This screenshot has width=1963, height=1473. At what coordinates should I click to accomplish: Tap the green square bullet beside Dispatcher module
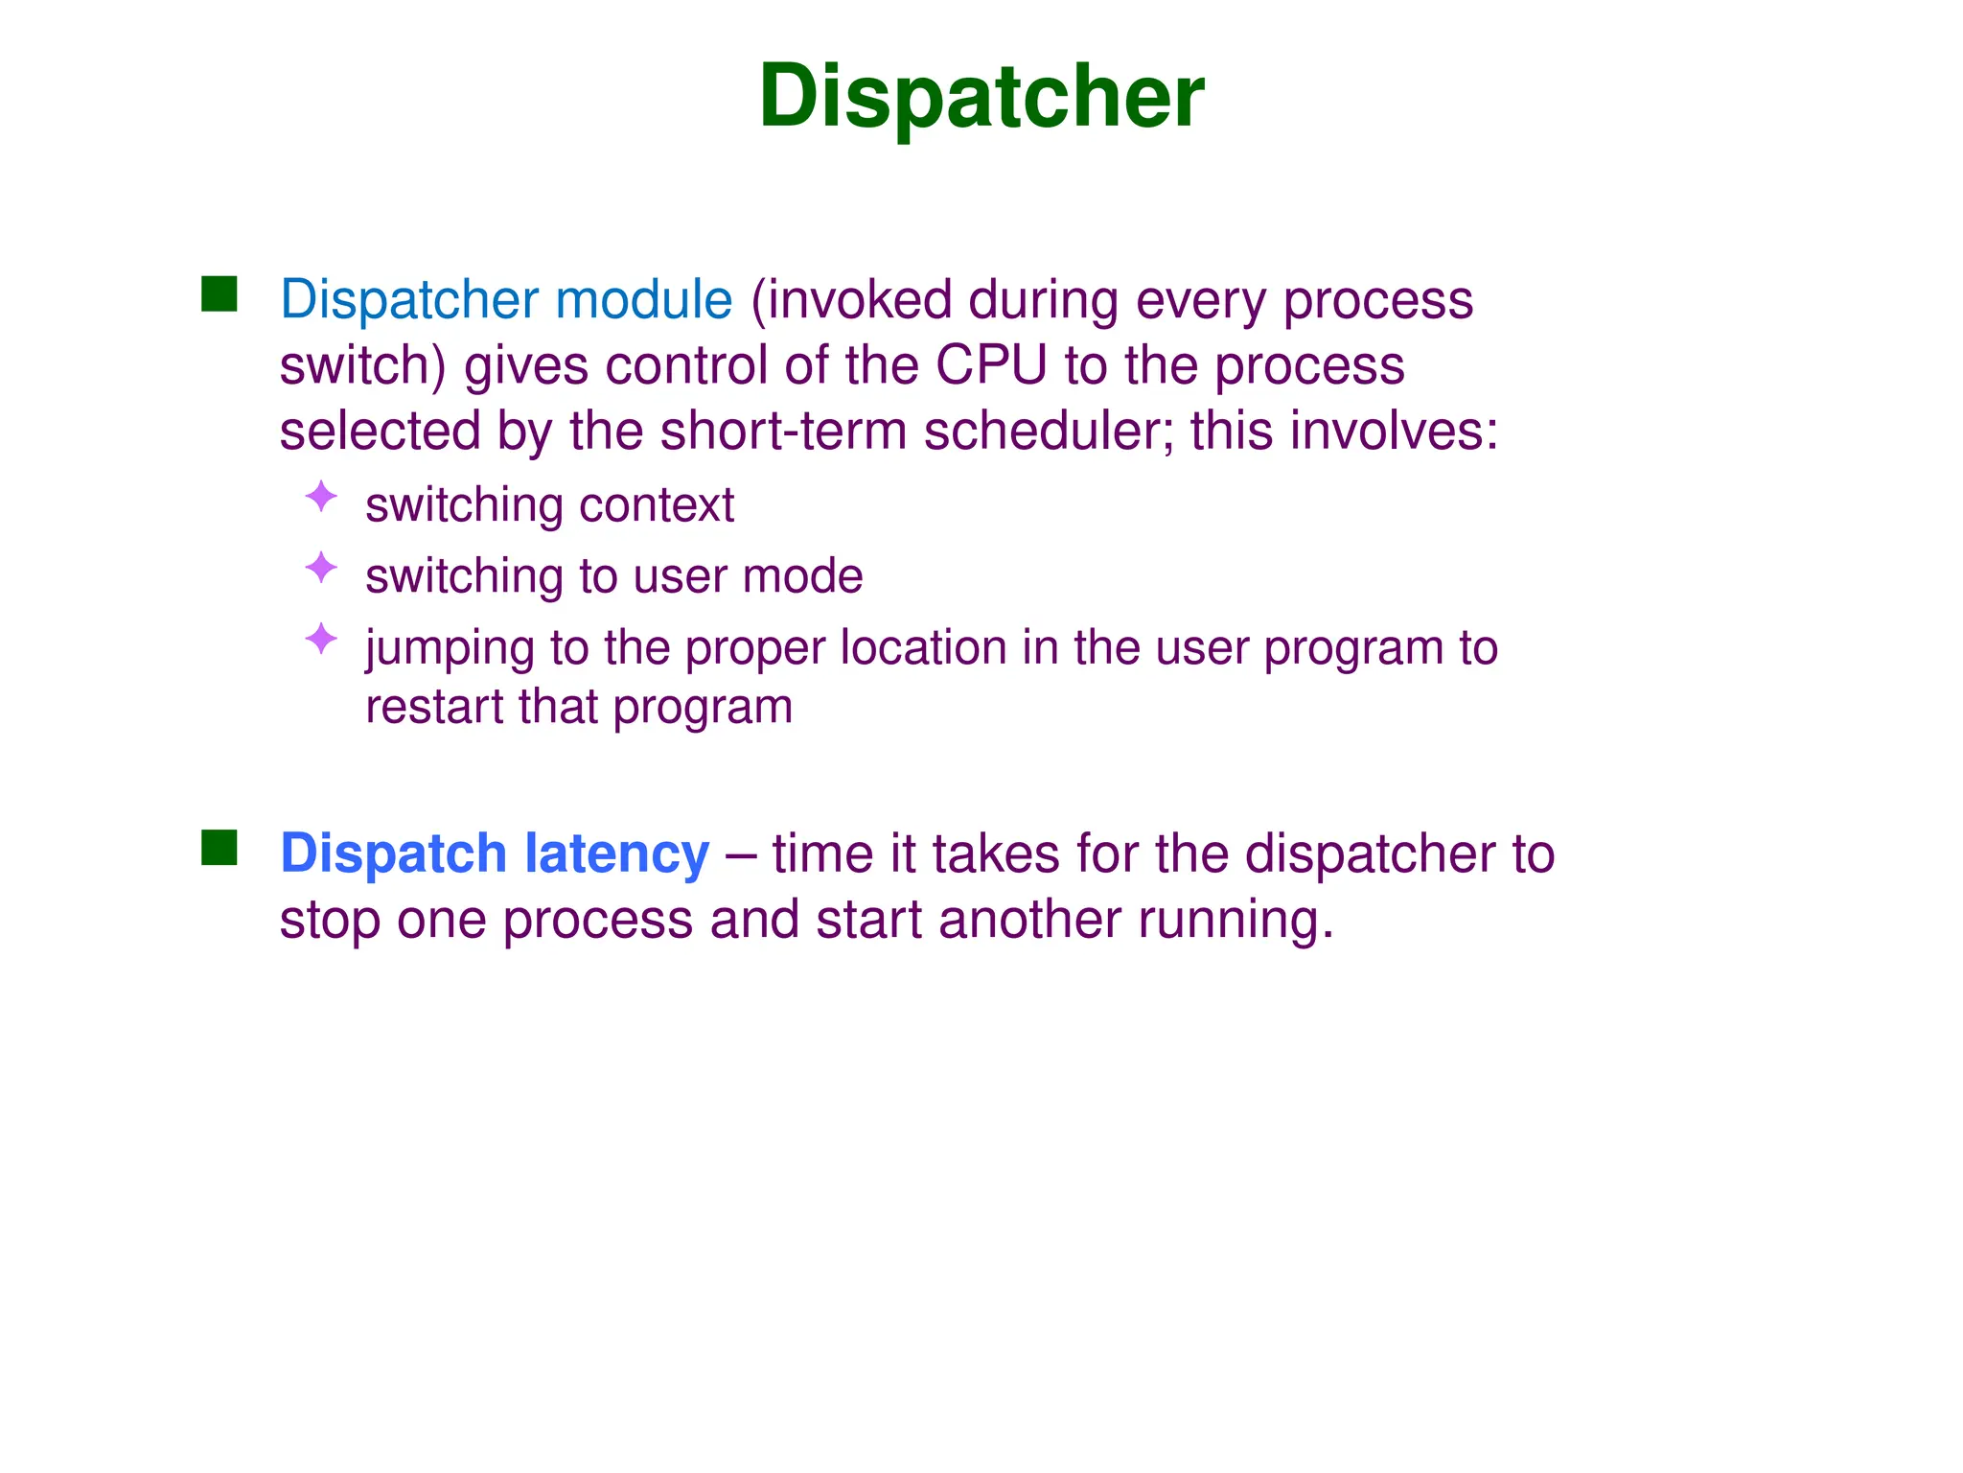point(219,294)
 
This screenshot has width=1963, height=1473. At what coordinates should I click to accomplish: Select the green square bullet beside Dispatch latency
point(219,848)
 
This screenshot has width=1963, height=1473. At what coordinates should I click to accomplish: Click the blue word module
point(643,299)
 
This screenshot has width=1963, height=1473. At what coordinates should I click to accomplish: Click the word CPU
point(990,365)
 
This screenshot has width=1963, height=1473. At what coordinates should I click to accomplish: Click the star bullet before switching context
point(321,497)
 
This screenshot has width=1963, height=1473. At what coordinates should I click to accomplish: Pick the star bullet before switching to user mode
point(321,568)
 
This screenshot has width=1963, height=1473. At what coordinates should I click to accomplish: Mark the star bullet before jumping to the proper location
point(321,639)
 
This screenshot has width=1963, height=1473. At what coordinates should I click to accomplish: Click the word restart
point(433,708)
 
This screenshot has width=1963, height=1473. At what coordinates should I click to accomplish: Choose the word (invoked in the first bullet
point(850,300)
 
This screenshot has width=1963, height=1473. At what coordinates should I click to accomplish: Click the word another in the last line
point(1029,920)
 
